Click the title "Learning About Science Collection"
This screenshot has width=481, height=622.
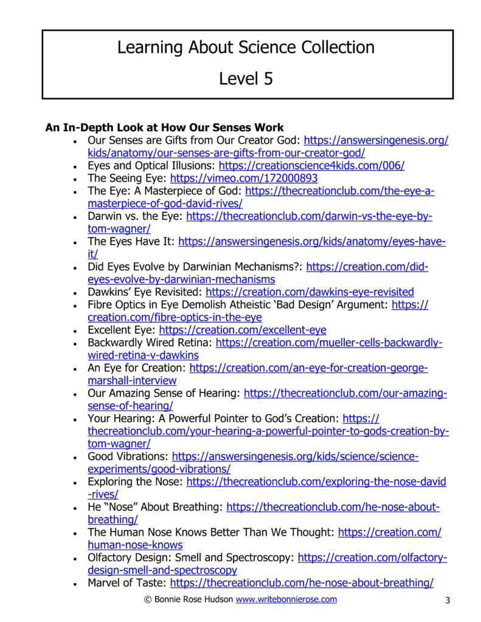point(246,47)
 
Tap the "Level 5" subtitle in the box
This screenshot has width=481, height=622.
point(246,78)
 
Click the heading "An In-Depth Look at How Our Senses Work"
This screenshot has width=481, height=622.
point(164,128)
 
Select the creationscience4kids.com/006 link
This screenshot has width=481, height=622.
point(311,166)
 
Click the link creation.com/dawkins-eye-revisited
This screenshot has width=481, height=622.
point(310,292)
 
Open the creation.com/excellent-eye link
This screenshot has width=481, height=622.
point(243,330)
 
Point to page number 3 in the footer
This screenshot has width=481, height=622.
point(447,601)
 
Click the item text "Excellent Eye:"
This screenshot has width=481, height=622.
point(122,330)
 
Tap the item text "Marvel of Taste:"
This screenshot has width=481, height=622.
point(127,583)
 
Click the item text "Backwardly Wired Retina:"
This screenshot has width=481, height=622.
point(150,343)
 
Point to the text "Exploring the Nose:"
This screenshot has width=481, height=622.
point(136,482)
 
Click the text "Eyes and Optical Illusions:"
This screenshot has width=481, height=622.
point(152,166)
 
